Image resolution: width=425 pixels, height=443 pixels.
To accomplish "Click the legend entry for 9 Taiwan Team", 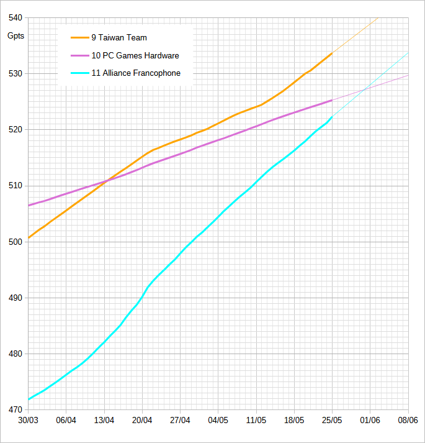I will tap(119, 38).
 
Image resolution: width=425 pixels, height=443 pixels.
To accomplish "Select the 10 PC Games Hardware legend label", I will tap(135, 55).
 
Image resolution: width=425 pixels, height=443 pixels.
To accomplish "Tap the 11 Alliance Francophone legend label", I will tap(136, 73).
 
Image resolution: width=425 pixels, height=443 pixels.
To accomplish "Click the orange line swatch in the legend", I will tap(79, 38).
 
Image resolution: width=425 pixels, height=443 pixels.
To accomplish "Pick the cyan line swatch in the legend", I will tap(79, 73).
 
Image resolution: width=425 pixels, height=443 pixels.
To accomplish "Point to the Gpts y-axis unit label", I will tap(16, 35).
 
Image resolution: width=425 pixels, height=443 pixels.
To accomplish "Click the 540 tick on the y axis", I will tap(14, 17).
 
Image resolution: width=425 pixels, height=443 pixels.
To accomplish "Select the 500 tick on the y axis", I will tap(14, 242).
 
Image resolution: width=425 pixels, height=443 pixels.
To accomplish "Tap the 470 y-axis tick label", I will tap(14, 410).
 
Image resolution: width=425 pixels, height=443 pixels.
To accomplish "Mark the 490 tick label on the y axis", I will tap(14, 298).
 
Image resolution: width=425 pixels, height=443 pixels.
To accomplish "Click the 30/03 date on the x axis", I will tap(29, 420).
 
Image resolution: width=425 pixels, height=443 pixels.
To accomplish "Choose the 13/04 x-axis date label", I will tap(104, 420).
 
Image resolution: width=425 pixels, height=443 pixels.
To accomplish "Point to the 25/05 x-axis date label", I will tap(332, 420).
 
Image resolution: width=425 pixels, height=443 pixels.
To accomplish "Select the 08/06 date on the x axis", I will tap(408, 420).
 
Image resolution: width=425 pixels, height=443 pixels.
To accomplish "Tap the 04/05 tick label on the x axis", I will tap(218, 420).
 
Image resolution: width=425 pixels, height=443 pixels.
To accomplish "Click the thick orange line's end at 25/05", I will tap(332, 53).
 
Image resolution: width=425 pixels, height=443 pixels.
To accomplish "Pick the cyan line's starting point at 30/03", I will tap(29, 400).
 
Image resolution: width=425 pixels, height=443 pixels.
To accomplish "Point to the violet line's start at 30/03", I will tap(29, 205).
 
